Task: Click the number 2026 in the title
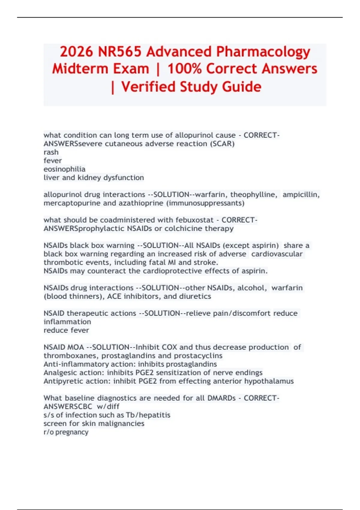76,52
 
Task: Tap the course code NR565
119,52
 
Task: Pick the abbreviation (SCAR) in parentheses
223,144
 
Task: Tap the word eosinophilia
64,169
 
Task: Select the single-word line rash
51,152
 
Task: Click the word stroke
207,262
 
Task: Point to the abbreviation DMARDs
221,398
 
